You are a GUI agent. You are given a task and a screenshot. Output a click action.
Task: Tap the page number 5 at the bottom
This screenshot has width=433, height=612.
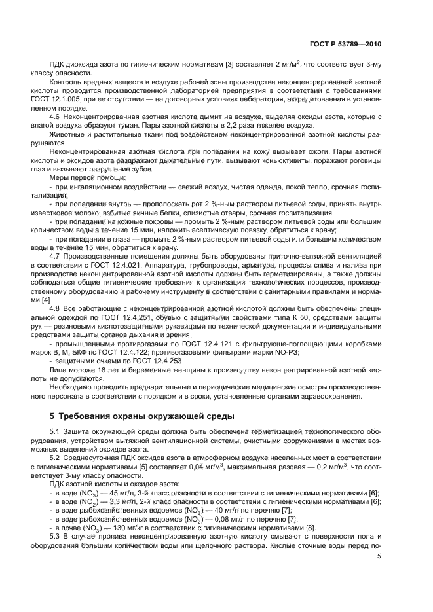[x=379, y=557]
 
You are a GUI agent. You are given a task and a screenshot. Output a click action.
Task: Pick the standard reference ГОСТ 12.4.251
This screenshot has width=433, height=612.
[x=143, y=317]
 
